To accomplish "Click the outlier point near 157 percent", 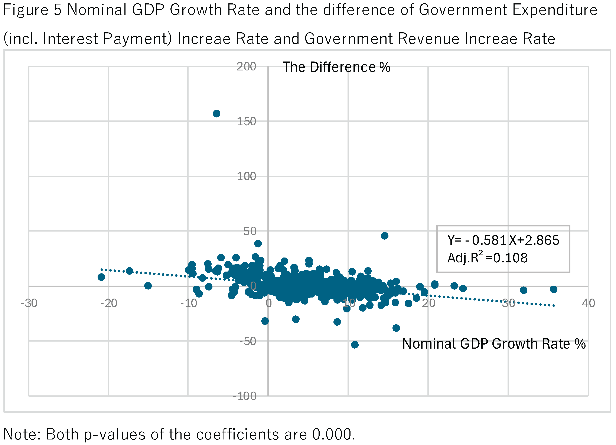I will pyautogui.click(x=216, y=114).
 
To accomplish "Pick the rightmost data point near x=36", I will pyautogui.click(x=554, y=289).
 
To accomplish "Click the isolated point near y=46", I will pyautogui.click(x=385, y=236).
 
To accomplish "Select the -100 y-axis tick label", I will pyautogui.click(x=244, y=396).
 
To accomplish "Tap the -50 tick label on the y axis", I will pyautogui.click(x=247, y=341).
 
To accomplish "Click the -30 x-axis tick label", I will pyautogui.click(x=29, y=303).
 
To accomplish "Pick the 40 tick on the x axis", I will pyautogui.click(x=588, y=303).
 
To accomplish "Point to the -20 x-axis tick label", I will pyautogui.click(x=109, y=303).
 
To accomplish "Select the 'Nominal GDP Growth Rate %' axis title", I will pyautogui.click(x=494, y=344).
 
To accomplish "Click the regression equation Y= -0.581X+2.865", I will pyautogui.click(x=503, y=240).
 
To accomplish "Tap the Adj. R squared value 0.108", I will pyautogui.click(x=510, y=258).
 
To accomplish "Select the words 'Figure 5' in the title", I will pyautogui.click(x=32, y=10).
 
